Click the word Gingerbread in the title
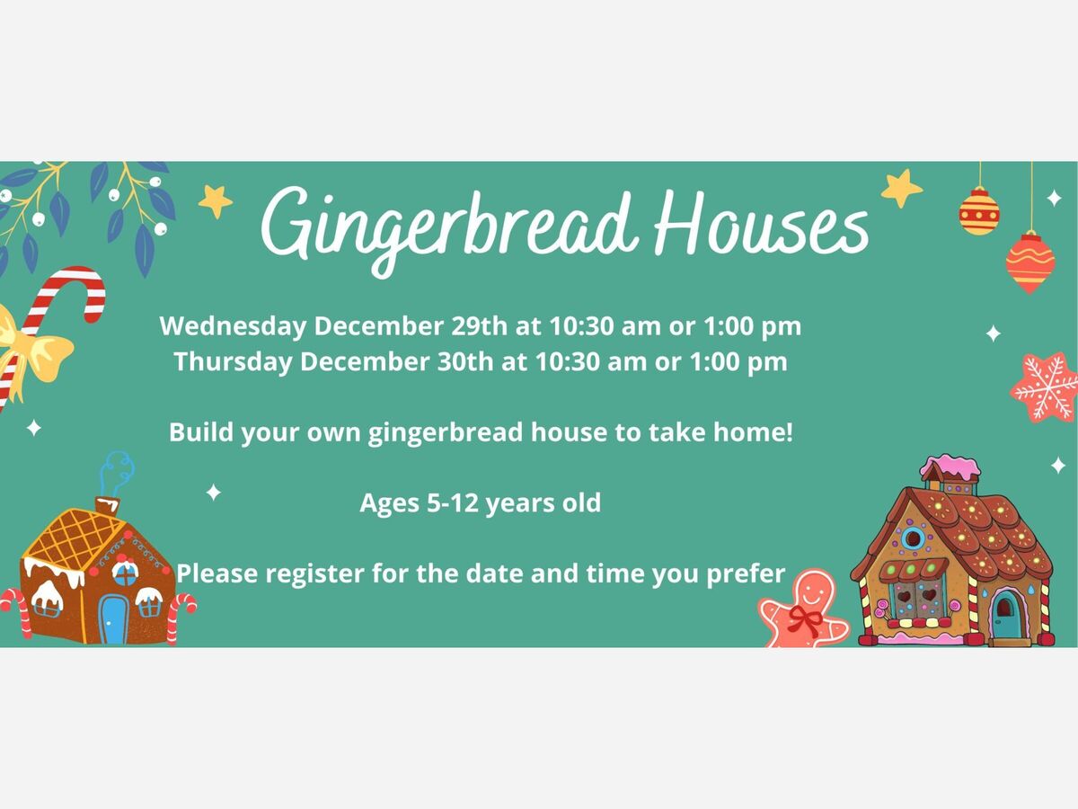pos(449,228)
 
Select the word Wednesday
pos(233,326)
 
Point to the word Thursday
pos(233,362)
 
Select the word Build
pos(200,431)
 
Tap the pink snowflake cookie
pos(1045,387)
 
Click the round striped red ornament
pos(979,211)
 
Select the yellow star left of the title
pos(215,200)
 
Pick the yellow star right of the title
pos(901,188)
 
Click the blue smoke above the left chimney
pos(116,474)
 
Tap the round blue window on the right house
pos(913,538)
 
